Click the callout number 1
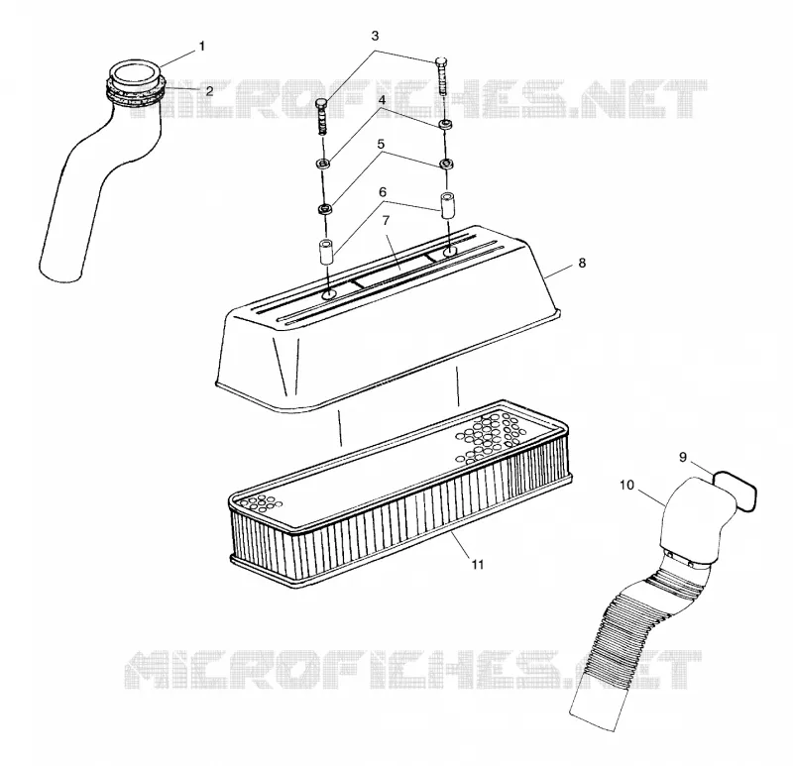[x=202, y=47]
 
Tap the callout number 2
[x=209, y=91]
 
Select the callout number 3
[x=375, y=36]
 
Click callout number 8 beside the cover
[x=582, y=263]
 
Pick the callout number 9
[x=683, y=457]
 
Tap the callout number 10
[x=626, y=485]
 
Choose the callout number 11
[x=478, y=564]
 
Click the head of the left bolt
[x=321, y=103]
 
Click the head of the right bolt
[x=440, y=60]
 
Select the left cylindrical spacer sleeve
[x=327, y=252]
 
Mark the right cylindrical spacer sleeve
[x=447, y=205]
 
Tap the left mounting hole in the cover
[x=329, y=294]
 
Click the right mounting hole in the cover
[x=450, y=252]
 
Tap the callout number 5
[x=381, y=145]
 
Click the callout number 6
[x=383, y=192]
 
